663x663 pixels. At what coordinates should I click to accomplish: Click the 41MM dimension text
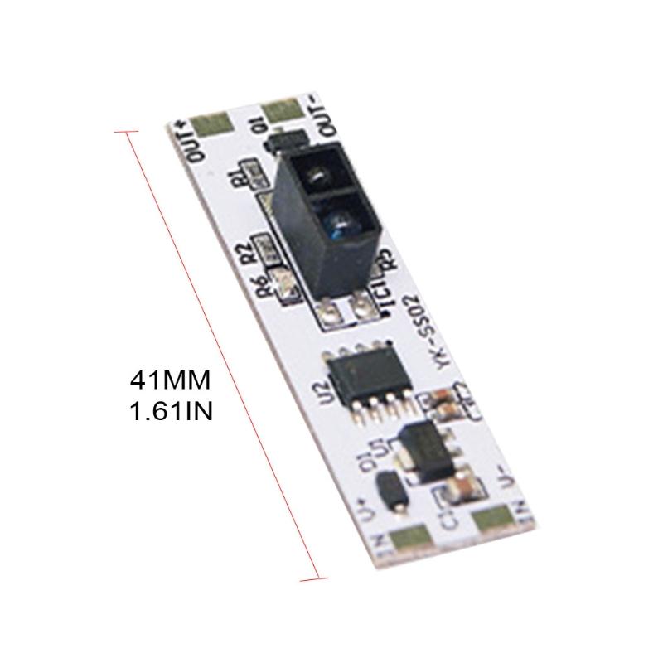click(171, 382)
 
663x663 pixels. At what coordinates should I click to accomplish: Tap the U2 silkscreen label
click(331, 390)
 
